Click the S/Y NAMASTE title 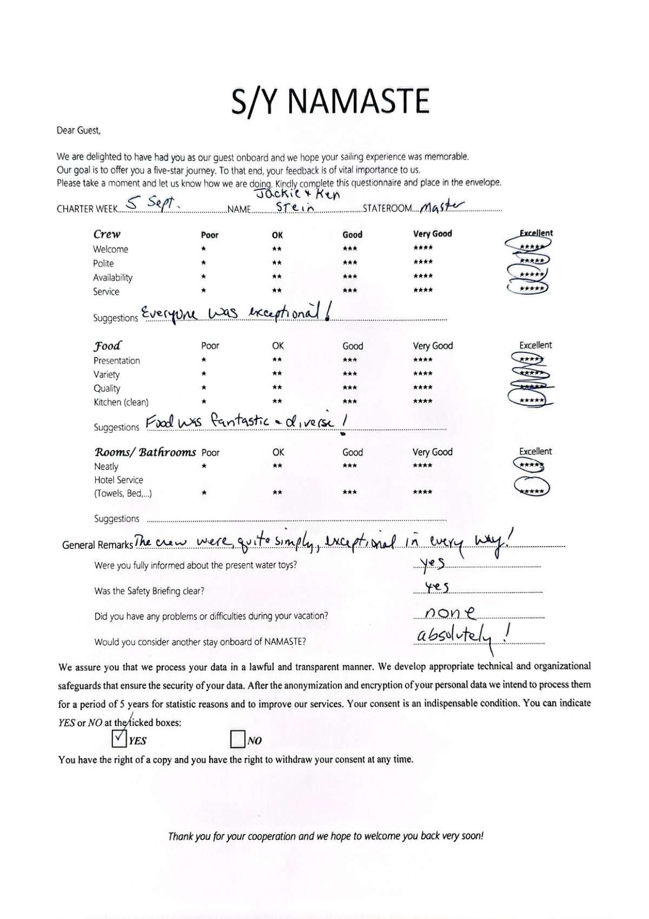pyautogui.click(x=330, y=101)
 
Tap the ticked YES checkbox pyautogui.click(x=118, y=738)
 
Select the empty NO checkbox pyautogui.click(x=237, y=739)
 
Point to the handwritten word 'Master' pyautogui.click(x=442, y=206)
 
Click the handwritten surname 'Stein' pyautogui.click(x=295, y=208)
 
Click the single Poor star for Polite pyautogui.click(x=203, y=263)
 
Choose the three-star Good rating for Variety pyautogui.click(x=350, y=373)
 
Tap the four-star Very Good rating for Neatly pyautogui.click(x=422, y=465)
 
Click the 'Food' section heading pyautogui.click(x=108, y=345)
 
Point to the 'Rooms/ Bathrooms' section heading pyautogui.click(x=145, y=452)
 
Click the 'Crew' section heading pyautogui.click(x=107, y=234)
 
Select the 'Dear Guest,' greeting pyautogui.click(x=78, y=130)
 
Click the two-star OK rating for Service pyautogui.click(x=277, y=291)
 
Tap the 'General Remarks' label pyautogui.click(x=97, y=545)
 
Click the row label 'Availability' pyautogui.click(x=112, y=278)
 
